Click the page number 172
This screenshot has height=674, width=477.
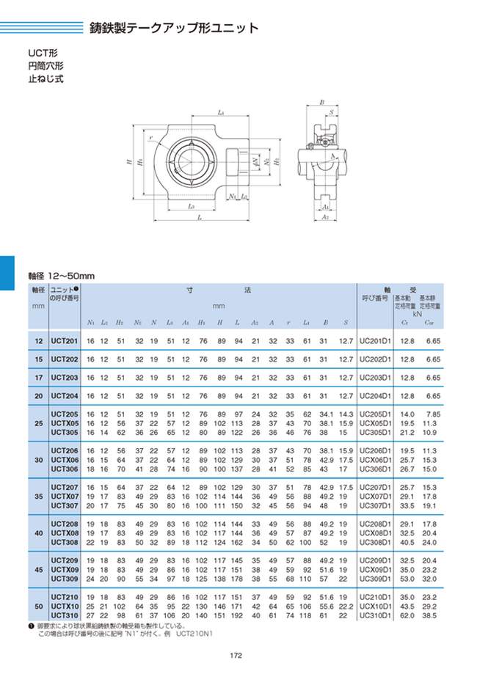(236, 656)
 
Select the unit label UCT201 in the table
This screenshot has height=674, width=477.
(65, 341)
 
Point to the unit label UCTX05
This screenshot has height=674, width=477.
(65, 422)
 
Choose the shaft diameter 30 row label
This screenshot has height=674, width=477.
(38, 460)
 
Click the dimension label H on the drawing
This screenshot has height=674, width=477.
(129, 164)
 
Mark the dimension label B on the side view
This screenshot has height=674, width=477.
(322, 103)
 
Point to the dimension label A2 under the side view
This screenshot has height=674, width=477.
(325, 219)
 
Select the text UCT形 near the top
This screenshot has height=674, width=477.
(43, 54)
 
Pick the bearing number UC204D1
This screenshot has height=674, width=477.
(376, 395)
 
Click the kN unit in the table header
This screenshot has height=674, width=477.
(417, 312)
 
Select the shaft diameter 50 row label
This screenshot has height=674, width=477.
(38, 605)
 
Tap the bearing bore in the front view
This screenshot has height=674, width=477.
(189, 162)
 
